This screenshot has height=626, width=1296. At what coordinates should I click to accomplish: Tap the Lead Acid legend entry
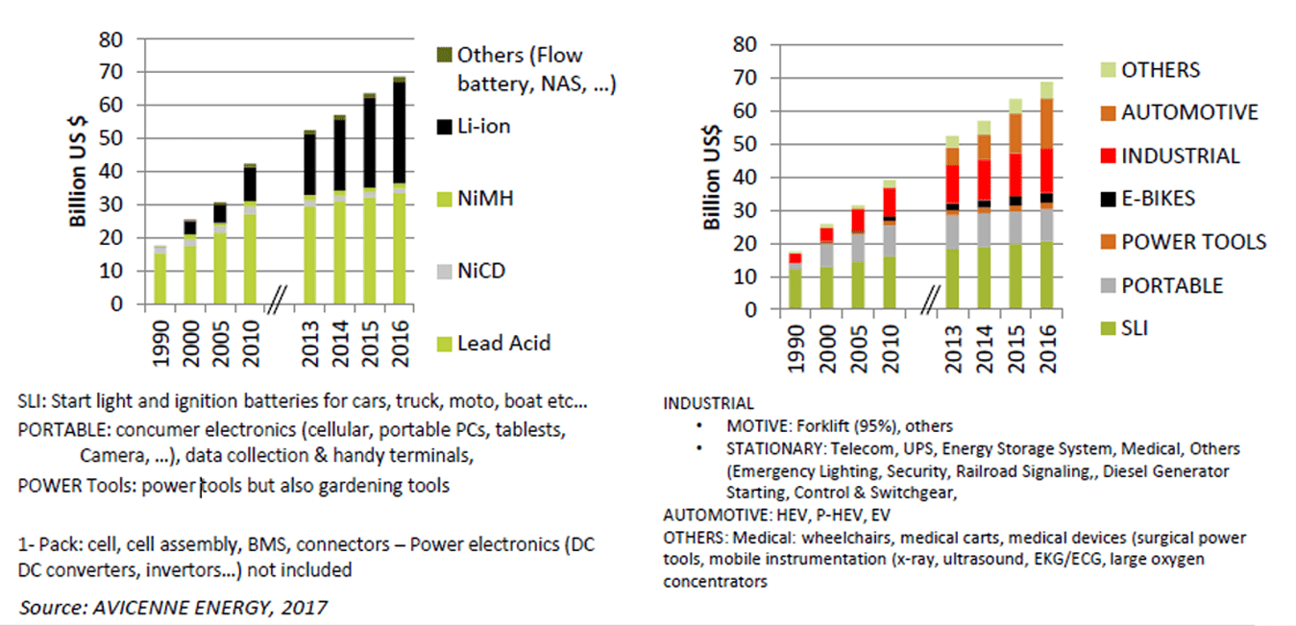[504, 343]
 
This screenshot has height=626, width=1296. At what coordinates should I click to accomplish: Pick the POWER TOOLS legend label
[1194, 242]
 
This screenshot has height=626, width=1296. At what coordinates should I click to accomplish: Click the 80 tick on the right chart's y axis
[745, 44]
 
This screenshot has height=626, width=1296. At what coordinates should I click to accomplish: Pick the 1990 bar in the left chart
[161, 275]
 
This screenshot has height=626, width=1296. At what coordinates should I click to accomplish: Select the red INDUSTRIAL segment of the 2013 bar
[952, 183]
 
